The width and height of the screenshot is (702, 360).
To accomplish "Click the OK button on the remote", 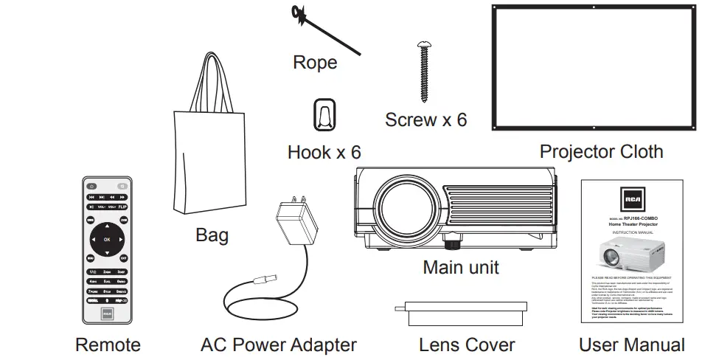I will [x=106, y=240].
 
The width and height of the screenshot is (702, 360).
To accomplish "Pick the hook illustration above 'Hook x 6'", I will [x=324, y=115].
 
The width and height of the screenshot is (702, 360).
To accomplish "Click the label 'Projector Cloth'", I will [x=601, y=152].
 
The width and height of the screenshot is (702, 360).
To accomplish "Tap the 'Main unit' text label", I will [x=460, y=266].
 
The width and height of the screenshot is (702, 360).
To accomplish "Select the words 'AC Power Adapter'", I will [x=278, y=345].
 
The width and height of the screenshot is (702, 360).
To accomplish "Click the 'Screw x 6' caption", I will [x=425, y=120].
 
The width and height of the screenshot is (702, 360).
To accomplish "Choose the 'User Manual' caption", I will [x=631, y=345].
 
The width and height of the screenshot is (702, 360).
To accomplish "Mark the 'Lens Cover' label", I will [x=466, y=345].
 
